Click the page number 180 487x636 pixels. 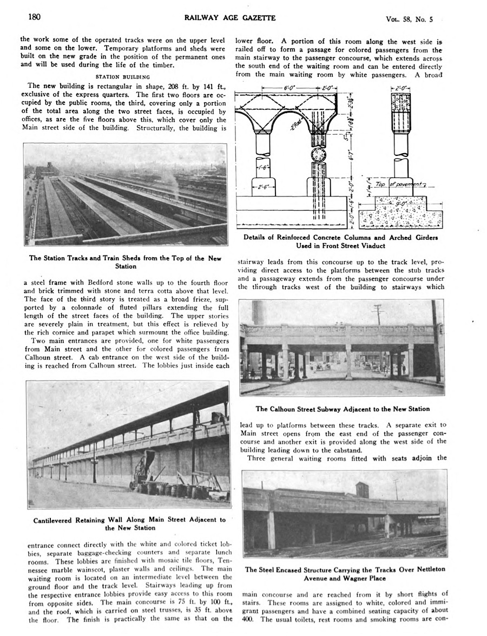coord(34,17)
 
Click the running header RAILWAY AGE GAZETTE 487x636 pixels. coord(230,18)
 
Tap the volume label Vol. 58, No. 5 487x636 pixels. coord(409,19)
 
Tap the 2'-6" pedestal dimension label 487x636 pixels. coord(264,187)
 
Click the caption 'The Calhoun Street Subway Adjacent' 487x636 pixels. coord(342,409)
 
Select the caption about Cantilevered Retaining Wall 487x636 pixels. coord(129,523)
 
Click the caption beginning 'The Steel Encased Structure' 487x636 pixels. coord(345,573)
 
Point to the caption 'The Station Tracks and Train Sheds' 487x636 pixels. coord(126,261)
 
